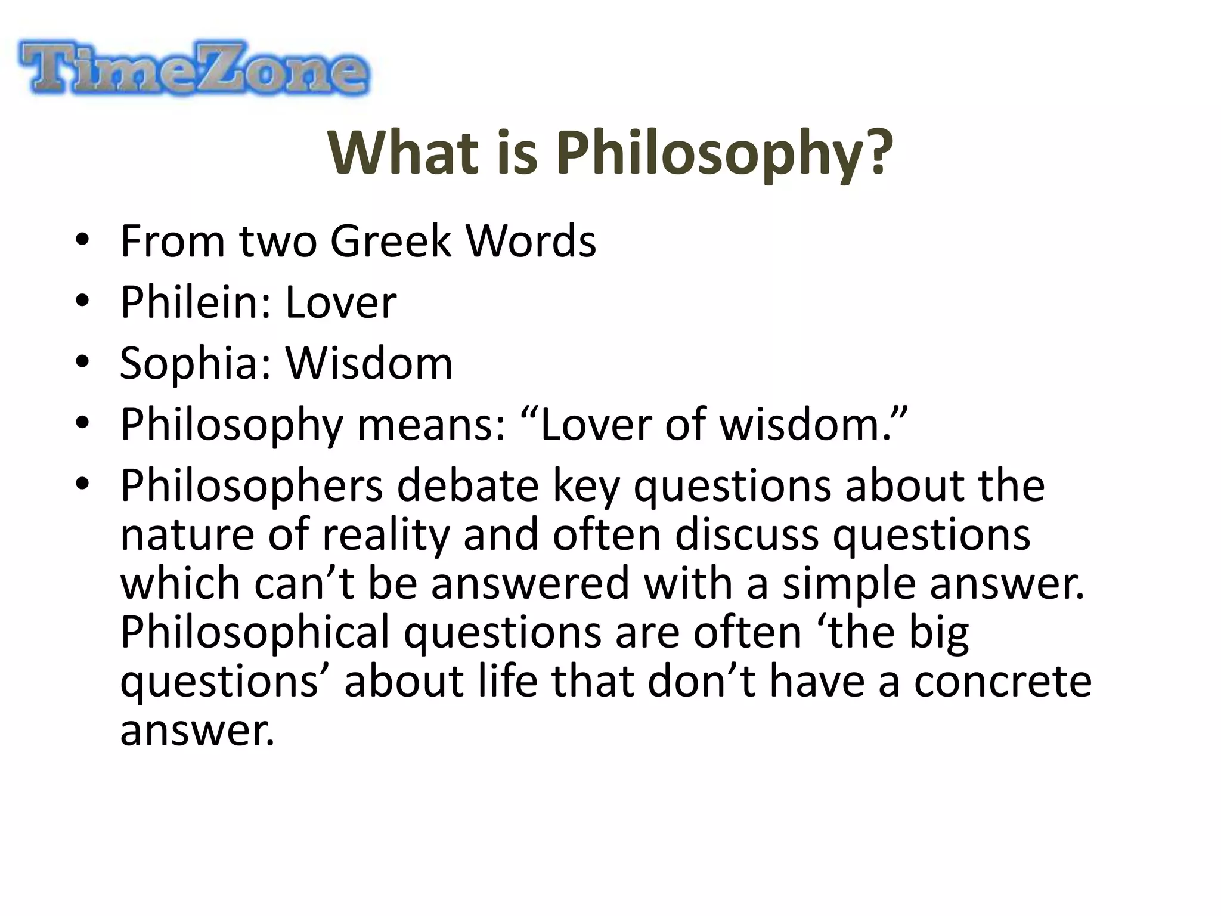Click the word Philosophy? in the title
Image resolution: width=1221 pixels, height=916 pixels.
724,153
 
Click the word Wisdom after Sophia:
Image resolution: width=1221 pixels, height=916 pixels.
369,363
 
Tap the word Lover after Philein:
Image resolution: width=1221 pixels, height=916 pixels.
340,302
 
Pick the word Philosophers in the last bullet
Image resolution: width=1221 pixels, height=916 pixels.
251,486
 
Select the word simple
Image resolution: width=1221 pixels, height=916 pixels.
849,583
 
